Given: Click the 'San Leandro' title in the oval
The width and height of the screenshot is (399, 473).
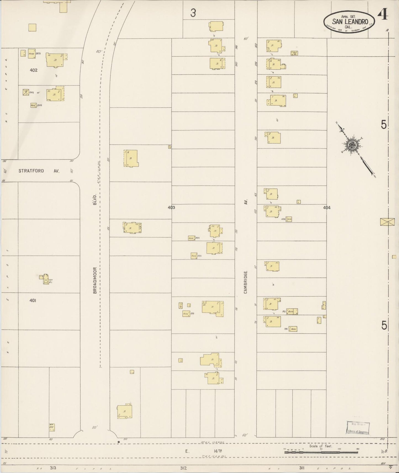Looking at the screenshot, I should [x=350, y=21].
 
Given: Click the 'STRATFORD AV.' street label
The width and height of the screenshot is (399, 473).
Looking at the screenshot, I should [x=39, y=171].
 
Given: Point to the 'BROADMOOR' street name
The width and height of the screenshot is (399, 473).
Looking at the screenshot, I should [x=95, y=280].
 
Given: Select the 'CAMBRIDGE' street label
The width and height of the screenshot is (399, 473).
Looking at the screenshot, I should [x=245, y=282].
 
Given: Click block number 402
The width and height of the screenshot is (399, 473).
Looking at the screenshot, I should [x=33, y=70].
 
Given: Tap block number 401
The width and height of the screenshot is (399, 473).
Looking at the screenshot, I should [x=33, y=301].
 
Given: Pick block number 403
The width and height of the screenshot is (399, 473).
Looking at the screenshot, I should [x=171, y=208].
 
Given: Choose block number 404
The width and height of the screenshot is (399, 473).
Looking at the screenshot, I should [x=327, y=208].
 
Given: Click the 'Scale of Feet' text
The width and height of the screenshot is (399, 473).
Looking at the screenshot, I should [x=321, y=446].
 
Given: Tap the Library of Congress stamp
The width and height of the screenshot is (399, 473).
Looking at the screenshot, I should [x=358, y=428].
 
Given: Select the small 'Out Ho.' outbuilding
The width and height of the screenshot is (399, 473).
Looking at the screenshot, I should [x=294, y=53].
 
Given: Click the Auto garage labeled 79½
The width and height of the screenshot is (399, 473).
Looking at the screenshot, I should [x=293, y=329].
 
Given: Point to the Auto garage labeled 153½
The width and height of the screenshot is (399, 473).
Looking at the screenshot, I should [x=289, y=219].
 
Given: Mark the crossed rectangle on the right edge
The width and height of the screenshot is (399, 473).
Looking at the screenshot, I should [x=387, y=222].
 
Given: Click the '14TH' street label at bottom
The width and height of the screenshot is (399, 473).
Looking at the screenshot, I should [x=218, y=451].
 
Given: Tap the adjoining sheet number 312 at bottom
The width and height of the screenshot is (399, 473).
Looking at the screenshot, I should [x=183, y=468].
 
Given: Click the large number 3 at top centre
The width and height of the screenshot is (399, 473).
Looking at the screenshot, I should [x=193, y=13].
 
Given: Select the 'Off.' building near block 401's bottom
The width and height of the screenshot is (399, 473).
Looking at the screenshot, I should [x=52, y=427].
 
